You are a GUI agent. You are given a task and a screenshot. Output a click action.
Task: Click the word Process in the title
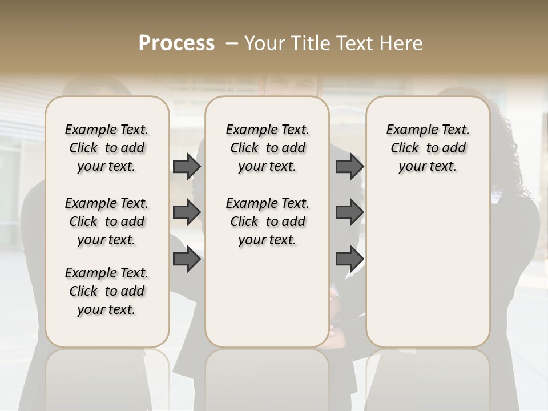tap(176, 43)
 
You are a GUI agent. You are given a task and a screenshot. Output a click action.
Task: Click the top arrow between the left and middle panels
tap(187, 166)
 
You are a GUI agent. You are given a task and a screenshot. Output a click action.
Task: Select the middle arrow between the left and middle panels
tap(187, 212)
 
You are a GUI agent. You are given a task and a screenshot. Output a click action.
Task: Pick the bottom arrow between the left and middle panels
tap(187, 259)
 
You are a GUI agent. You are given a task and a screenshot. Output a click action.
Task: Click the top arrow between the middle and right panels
tap(349, 166)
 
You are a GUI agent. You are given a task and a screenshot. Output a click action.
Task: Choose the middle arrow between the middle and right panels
tap(349, 212)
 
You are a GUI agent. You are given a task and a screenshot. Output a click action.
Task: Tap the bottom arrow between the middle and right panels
tap(349, 259)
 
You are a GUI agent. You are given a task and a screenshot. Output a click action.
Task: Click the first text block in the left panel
tap(107, 148)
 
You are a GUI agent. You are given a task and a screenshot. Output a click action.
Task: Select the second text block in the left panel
tap(107, 221)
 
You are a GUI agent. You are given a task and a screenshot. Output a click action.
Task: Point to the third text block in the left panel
tap(107, 291)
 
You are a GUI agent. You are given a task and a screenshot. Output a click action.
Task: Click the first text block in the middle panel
tap(267, 148)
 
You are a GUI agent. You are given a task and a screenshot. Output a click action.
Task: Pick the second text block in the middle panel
tap(267, 221)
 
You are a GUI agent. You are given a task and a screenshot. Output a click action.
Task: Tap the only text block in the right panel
tap(428, 148)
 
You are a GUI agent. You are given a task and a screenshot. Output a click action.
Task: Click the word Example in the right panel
tap(408, 130)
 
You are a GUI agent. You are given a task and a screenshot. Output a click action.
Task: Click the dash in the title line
tap(232, 43)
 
